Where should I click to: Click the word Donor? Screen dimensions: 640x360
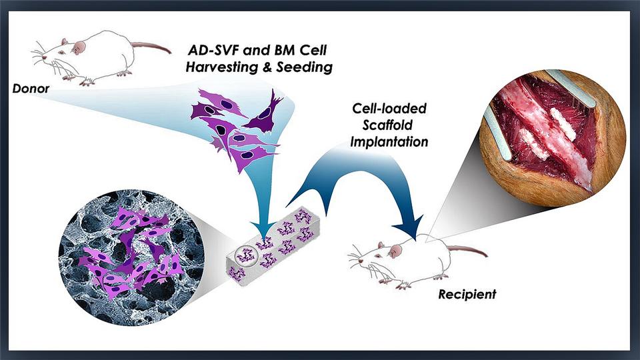(31, 89)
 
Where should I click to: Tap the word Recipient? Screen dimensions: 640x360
(467, 294)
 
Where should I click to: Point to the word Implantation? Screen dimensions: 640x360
(389, 142)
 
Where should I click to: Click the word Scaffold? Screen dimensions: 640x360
(387, 125)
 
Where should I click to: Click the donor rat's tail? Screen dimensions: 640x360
(151, 47)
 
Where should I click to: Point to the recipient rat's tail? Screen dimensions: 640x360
(467, 250)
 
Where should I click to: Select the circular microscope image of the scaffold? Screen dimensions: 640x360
(131, 257)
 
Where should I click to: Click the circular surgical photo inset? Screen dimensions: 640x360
(552, 138)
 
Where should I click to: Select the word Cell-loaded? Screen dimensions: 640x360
(389, 108)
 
